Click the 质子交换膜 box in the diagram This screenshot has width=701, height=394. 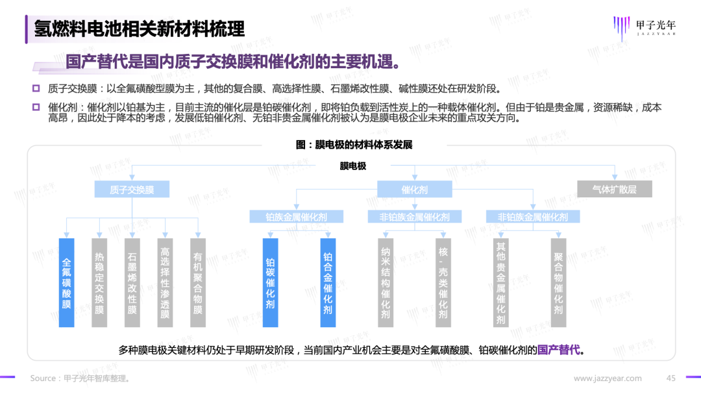132,189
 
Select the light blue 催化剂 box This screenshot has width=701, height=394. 415,189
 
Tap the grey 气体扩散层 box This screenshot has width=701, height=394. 614,189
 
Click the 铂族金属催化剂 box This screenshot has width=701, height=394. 297,217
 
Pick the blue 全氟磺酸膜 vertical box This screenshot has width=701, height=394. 66,282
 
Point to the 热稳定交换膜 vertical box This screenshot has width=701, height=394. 99,282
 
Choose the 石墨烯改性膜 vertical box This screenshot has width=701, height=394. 132,282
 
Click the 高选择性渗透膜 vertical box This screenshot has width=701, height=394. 165,282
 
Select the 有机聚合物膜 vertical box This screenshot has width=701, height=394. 198,282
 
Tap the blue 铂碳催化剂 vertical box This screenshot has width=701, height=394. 270,282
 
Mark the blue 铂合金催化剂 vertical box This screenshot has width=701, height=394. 328,282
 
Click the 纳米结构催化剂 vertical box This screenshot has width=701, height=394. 386,282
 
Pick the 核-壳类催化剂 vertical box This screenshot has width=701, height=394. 443,282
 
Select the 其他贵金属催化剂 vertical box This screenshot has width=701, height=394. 500,282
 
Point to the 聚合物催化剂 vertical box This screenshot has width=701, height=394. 558,282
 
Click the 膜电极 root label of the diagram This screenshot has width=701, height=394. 353,166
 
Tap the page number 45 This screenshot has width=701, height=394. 672,378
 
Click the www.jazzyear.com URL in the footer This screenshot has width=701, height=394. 608,378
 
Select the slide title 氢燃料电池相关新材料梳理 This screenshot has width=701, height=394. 140,29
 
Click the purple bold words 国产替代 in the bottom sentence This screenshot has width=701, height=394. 558,350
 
